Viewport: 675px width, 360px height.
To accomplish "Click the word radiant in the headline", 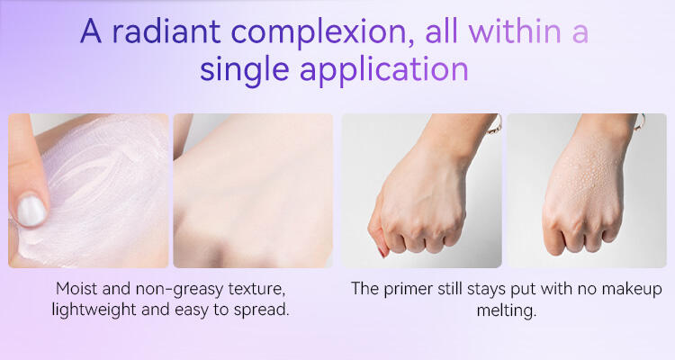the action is coord(166,31).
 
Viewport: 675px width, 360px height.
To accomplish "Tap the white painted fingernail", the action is coord(31,211).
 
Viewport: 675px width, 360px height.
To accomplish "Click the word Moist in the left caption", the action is coord(77,289).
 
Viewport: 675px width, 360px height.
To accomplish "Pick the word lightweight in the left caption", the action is coord(94,310).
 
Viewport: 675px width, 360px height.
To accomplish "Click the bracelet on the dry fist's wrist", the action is coord(495,124).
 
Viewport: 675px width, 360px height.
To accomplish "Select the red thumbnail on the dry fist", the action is coord(382,251).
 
